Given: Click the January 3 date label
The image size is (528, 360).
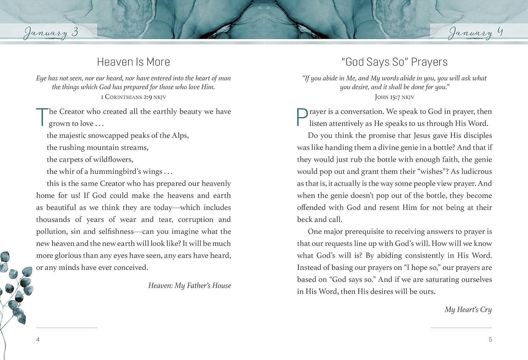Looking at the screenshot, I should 51,33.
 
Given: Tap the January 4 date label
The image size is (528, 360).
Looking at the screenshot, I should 475,33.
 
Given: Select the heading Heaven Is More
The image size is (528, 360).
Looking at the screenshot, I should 133,62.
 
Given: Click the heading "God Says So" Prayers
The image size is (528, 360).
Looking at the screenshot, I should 394,62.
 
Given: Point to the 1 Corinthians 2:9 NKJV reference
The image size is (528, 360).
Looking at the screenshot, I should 133,97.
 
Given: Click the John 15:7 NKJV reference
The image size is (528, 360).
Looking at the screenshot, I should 394,97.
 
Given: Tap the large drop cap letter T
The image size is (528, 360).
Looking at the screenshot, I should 42,117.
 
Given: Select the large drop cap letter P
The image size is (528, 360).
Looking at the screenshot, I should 302,117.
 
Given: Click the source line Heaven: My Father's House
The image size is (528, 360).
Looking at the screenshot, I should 189,286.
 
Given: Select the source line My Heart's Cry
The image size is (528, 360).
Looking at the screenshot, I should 468,310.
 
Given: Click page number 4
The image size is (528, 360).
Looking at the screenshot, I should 38,340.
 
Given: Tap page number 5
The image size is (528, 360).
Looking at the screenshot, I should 490,340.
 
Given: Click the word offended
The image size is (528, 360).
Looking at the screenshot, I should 311,207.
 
